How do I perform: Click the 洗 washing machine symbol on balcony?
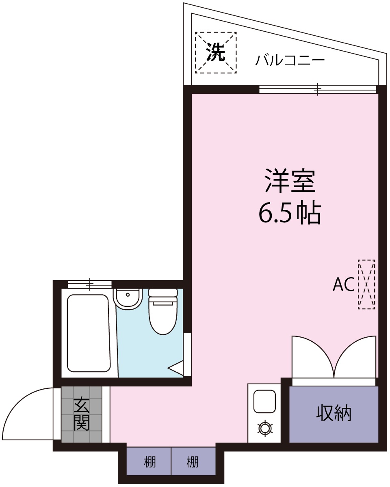point(216,52)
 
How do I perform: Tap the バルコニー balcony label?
point(290,60)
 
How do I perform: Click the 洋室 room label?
point(290,181)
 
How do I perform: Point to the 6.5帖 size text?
point(290,213)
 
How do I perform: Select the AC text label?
point(343,285)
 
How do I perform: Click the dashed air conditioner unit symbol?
point(366,284)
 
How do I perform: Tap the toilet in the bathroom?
point(163,312)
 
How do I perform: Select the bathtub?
point(89,333)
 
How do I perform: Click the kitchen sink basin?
point(264,401)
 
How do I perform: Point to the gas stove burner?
point(264,428)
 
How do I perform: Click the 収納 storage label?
point(334,414)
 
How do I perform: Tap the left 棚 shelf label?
point(150,462)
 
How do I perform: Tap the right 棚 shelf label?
point(193,462)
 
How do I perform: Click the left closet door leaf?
point(311,355)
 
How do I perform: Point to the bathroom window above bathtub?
point(89,284)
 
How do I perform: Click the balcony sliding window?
point(318,88)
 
